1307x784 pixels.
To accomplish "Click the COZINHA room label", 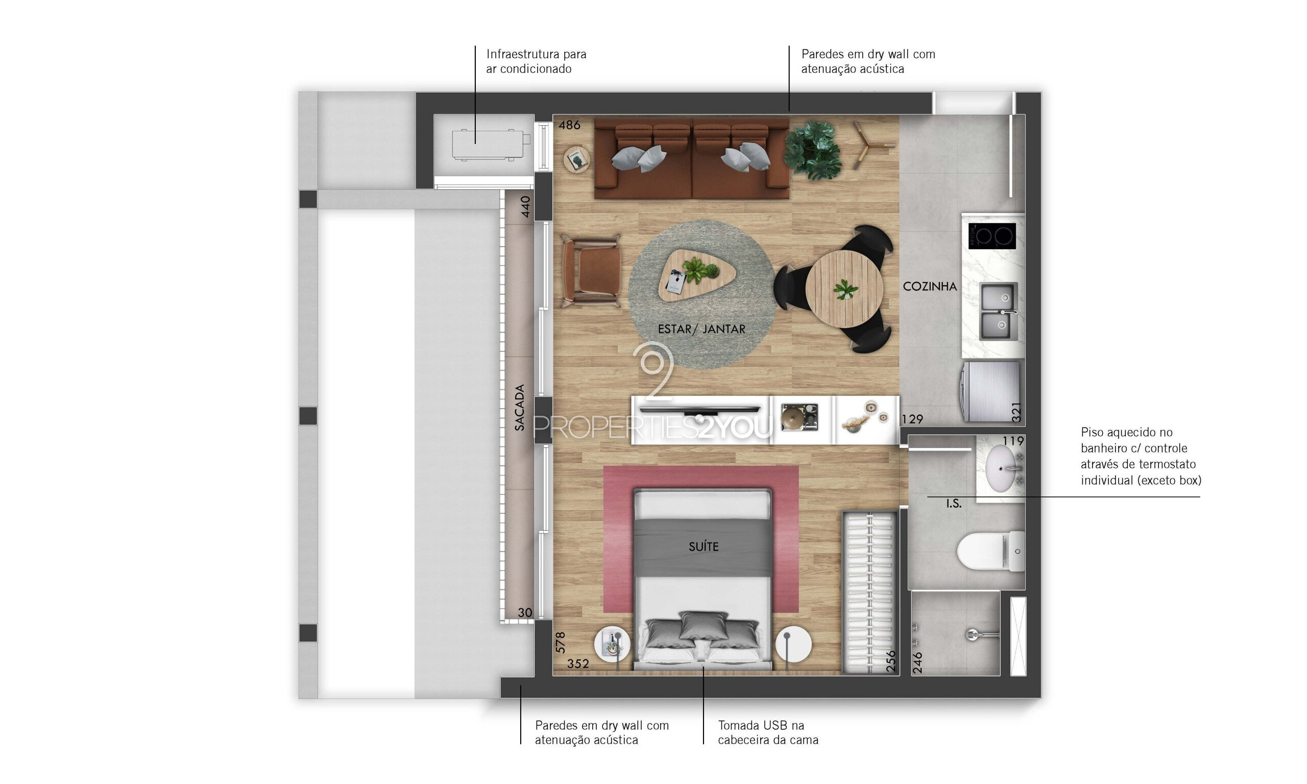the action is tap(929, 287).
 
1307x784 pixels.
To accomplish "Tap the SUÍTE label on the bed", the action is tap(704, 547).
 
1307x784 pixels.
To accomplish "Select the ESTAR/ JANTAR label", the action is tap(701, 329).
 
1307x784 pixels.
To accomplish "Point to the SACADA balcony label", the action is tap(520, 407).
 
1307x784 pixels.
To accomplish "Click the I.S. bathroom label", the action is tap(954, 504).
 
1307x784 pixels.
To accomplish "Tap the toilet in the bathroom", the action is tap(989, 551).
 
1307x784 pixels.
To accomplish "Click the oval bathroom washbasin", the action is tap(1000, 468).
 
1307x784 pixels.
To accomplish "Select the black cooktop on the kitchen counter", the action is tap(991, 235).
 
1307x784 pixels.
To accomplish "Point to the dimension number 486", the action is tap(569, 125).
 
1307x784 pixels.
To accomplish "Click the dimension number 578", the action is tap(560, 643).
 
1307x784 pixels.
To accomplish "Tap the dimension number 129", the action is tap(912, 419).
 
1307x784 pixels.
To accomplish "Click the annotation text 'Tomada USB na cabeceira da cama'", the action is tap(768, 732).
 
